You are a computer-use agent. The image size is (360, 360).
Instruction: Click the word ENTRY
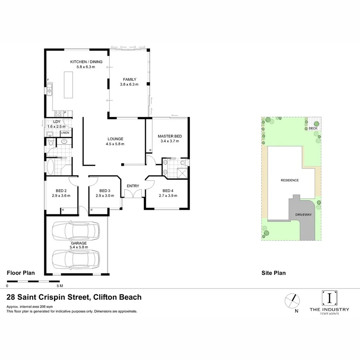[133, 186]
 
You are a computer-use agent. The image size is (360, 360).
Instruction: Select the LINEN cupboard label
[65, 133]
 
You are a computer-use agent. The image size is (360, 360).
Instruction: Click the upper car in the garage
[76, 231]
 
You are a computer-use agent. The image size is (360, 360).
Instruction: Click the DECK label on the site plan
[312, 129]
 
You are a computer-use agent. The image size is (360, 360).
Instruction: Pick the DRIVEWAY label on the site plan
[303, 214]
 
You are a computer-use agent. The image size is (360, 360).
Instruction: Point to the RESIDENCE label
[289, 180]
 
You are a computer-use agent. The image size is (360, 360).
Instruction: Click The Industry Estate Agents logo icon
[329, 298]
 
